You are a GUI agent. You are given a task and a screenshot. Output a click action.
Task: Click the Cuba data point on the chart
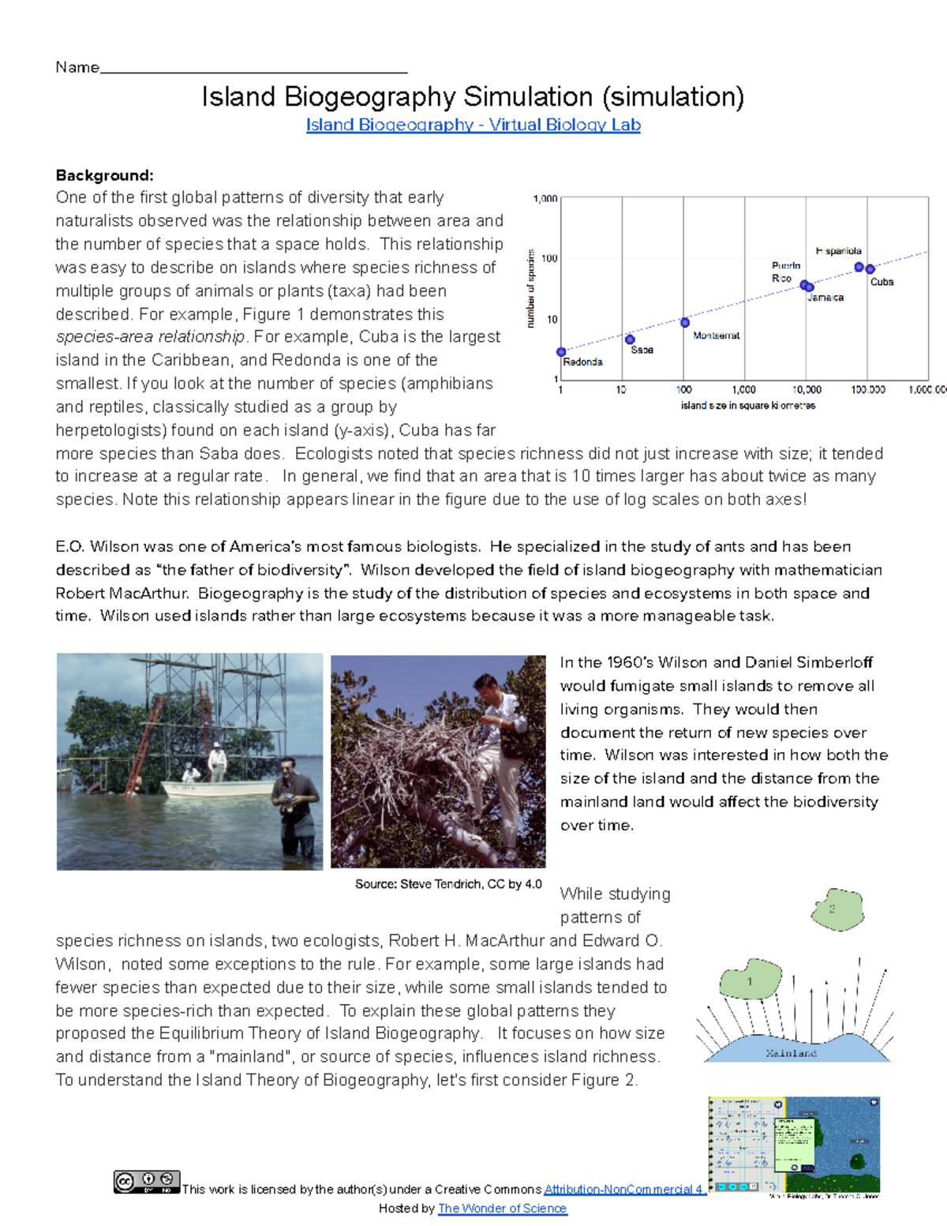coord(870,270)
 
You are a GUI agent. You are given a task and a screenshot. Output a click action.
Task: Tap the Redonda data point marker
coord(561,352)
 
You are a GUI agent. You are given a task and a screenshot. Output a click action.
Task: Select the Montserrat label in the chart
coord(716,336)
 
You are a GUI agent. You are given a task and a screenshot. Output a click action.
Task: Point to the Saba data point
coord(630,339)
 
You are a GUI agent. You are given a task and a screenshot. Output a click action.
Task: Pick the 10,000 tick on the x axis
coord(807,390)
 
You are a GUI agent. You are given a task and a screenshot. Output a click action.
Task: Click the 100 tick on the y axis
coord(550,258)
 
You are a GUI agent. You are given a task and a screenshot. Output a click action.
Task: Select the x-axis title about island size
coord(747,406)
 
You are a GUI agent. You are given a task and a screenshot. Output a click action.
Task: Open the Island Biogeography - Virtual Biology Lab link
coord(473,125)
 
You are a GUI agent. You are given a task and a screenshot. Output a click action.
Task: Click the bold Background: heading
coord(104,175)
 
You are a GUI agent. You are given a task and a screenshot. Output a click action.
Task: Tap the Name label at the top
coord(77,67)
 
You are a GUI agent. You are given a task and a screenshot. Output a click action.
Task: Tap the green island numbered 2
coord(837,909)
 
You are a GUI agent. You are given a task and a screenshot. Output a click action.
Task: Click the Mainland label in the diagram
coord(791,1053)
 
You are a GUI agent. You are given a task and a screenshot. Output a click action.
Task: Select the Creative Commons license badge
coord(147,1182)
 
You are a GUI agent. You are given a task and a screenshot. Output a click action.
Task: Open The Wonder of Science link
coord(502,1209)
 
